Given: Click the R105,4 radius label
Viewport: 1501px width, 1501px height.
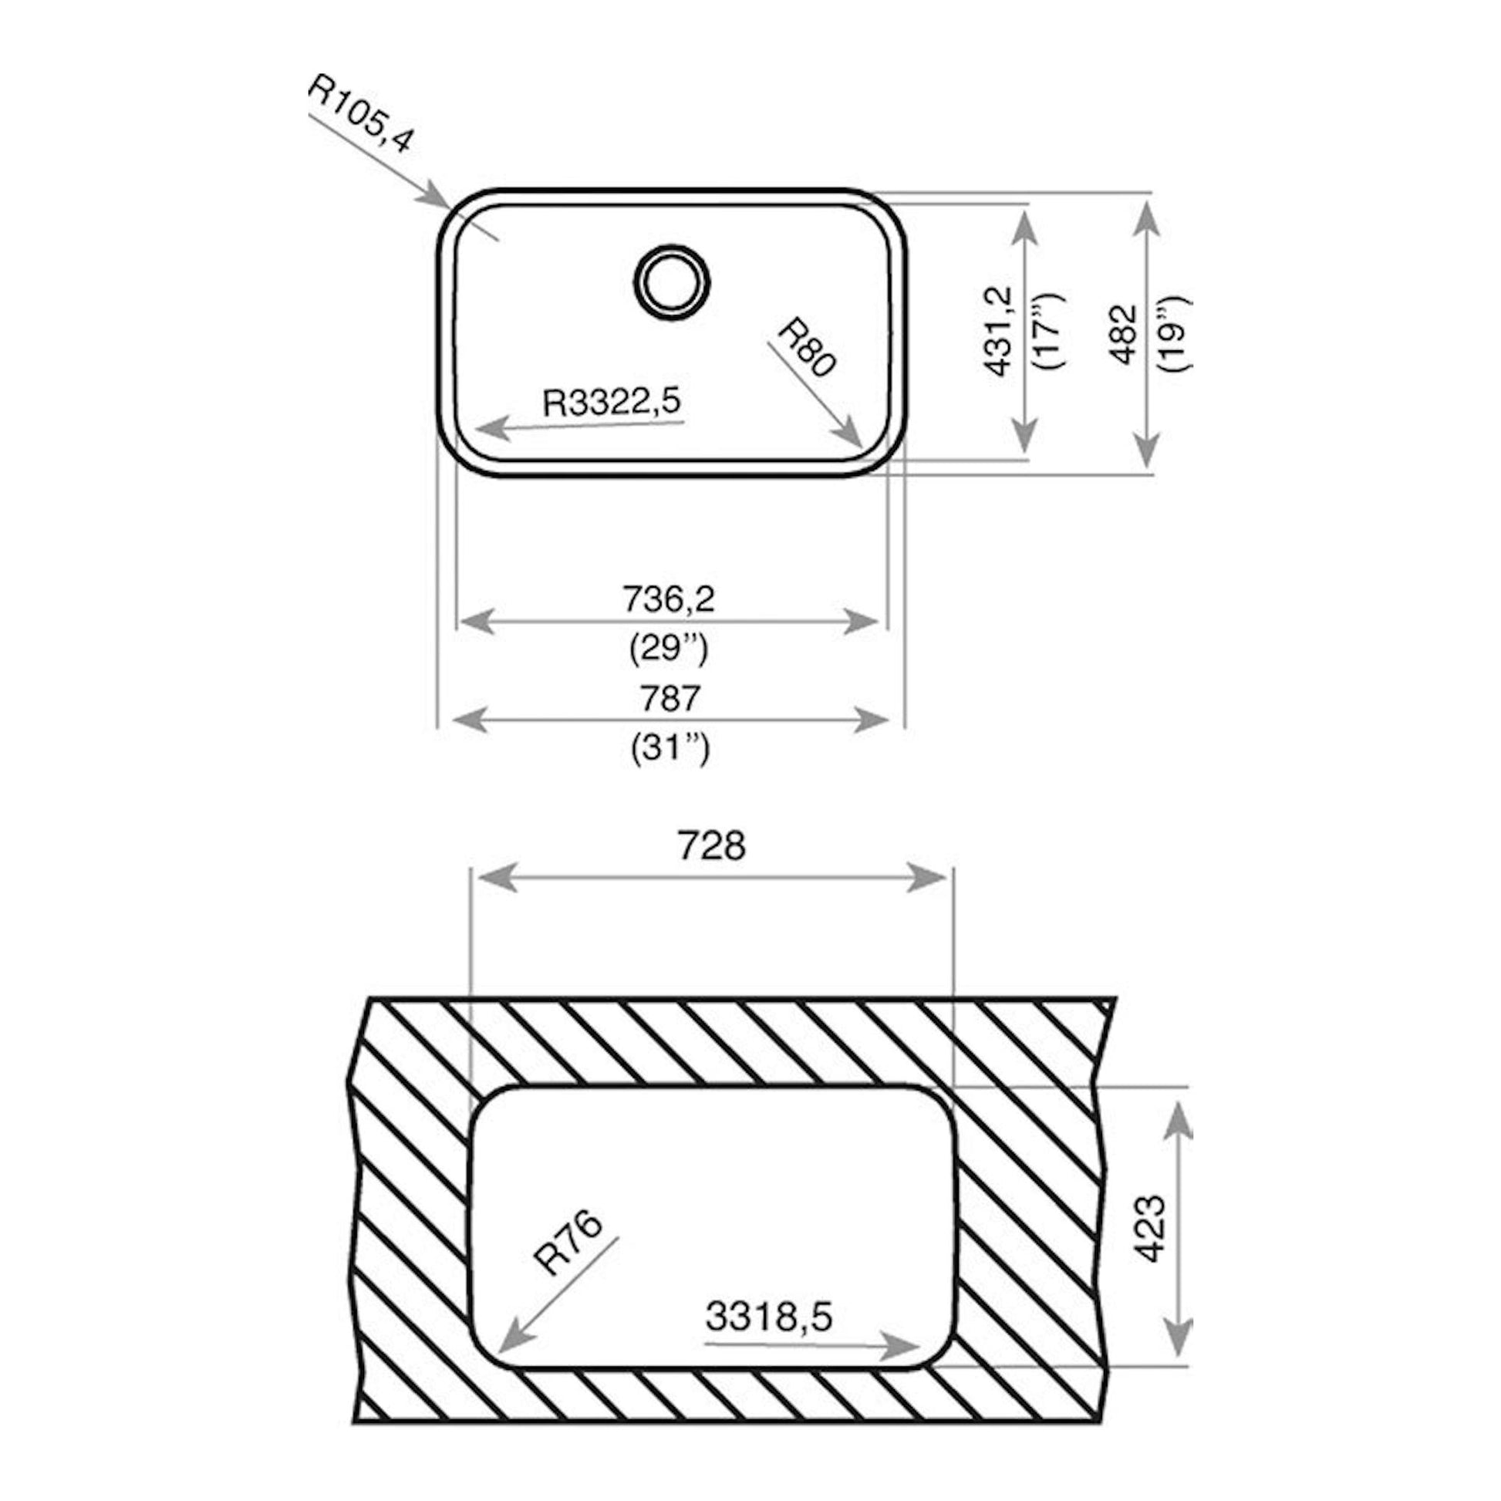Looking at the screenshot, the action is coord(361,113).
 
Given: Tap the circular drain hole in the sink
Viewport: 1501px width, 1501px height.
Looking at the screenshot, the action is coord(673,282).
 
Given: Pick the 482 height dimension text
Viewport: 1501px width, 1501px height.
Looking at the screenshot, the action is coord(1122,334).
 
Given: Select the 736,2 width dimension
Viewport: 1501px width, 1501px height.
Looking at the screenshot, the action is coord(669,599).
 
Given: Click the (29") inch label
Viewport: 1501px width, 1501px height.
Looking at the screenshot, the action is coord(669,649).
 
